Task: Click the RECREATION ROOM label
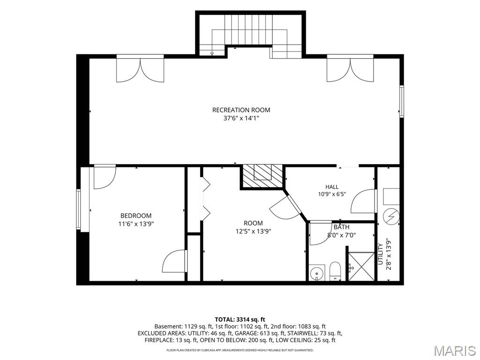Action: [x=241, y=110]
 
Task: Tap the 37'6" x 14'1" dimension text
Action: [x=241, y=118]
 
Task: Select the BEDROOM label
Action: [x=136, y=216]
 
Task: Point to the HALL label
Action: [x=332, y=187]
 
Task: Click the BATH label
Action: [x=341, y=227]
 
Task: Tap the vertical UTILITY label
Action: [x=381, y=254]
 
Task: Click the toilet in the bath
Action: [x=336, y=270]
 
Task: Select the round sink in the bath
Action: [x=315, y=272]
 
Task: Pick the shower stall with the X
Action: [x=361, y=266]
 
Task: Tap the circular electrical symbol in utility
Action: [x=391, y=217]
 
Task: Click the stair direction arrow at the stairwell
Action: [x=212, y=54]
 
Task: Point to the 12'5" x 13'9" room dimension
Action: [x=253, y=232]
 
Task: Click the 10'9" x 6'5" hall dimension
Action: [x=332, y=194]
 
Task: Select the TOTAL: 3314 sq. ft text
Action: [x=240, y=320]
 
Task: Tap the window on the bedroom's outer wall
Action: [x=79, y=210]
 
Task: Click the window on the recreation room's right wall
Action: [x=402, y=101]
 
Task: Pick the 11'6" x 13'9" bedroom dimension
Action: [x=136, y=224]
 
